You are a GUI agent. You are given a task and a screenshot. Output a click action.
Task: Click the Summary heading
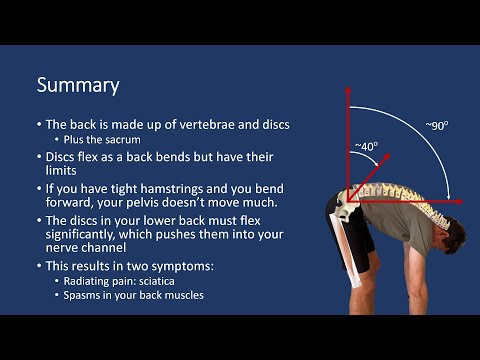tap(78, 85)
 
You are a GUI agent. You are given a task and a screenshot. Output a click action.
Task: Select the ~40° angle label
tap(366, 146)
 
